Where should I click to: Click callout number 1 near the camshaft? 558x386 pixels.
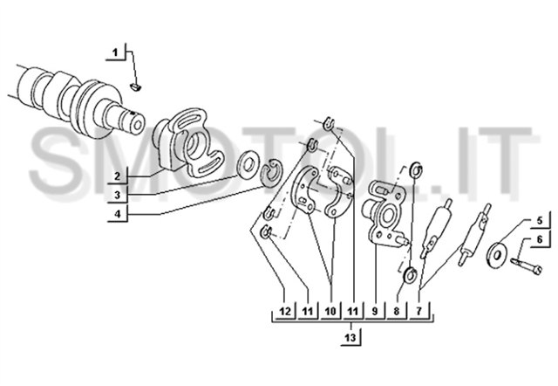click(x=115, y=53)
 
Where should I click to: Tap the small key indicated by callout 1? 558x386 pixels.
click(x=136, y=86)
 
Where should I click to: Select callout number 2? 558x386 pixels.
click(x=118, y=176)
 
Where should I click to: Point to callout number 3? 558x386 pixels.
click(x=118, y=196)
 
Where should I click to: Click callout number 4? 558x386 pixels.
click(x=118, y=214)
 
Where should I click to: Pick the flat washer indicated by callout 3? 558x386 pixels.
click(x=248, y=165)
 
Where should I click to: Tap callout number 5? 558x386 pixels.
click(x=540, y=221)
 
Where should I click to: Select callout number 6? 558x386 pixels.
click(x=540, y=239)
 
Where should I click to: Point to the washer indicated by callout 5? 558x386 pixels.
click(x=497, y=254)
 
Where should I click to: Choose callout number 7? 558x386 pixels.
click(x=418, y=311)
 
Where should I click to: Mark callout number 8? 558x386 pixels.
click(x=397, y=311)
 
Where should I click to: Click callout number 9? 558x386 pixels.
click(x=374, y=311)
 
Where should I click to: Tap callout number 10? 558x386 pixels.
click(x=330, y=311)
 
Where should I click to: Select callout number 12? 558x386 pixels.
click(x=285, y=311)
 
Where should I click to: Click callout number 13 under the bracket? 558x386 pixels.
click(x=350, y=337)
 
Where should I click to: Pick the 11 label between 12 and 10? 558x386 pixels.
click(x=308, y=311)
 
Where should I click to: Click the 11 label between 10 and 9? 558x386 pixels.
click(x=352, y=311)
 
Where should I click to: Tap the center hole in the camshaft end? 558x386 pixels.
click(x=138, y=125)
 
